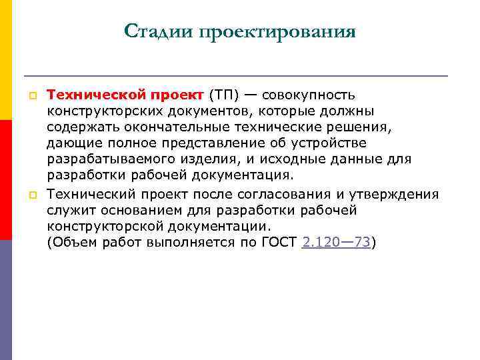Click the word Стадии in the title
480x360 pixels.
point(156,31)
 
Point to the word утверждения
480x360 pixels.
point(399,194)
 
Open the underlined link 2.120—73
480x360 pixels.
point(336,243)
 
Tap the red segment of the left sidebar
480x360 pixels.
point(6,180)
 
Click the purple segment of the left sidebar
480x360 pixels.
point(6,300)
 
